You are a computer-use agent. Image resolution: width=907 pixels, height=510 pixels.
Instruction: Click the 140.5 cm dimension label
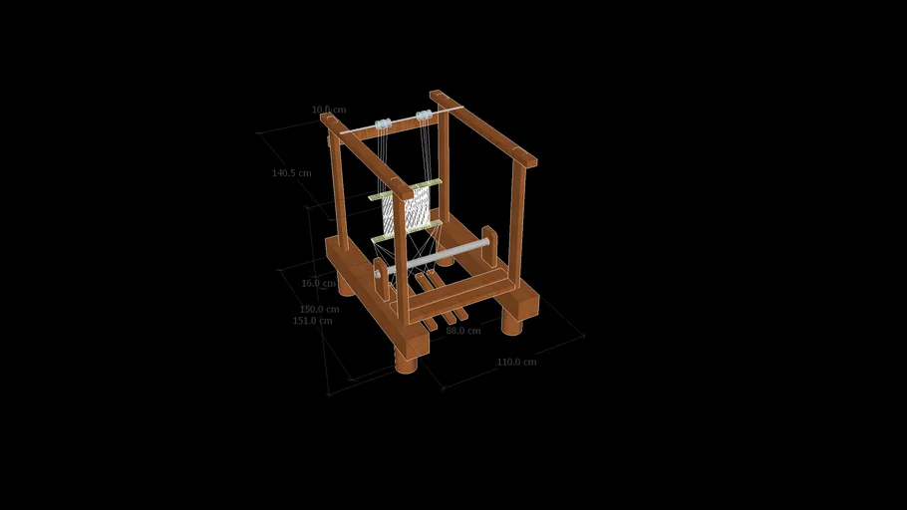[x=291, y=173]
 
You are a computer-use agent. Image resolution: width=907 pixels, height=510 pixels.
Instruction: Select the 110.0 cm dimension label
[x=516, y=362]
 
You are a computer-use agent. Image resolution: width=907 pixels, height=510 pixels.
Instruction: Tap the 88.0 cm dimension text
[x=462, y=331]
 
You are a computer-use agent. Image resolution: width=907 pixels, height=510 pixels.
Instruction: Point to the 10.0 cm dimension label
[x=329, y=110]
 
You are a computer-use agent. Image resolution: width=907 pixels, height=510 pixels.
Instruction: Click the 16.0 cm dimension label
[x=319, y=283]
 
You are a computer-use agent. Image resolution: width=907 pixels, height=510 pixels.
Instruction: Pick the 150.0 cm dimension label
[x=319, y=309]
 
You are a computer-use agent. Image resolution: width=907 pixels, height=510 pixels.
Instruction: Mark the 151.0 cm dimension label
[x=312, y=321]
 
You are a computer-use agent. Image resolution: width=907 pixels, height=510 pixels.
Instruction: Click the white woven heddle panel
[x=407, y=210]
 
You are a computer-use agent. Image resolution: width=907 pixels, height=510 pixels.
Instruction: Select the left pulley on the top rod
[x=382, y=125]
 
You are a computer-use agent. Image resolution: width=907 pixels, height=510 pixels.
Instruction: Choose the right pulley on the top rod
[x=424, y=116]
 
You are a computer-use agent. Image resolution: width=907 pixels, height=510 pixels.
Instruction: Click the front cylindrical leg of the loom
[x=406, y=362]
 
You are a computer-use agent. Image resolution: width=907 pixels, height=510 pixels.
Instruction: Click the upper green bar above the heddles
[x=405, y=189]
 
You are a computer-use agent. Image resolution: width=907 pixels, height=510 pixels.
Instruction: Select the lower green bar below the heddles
[x=406, y=232]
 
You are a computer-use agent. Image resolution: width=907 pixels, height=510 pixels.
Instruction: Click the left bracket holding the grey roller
[x=382, y=279]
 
